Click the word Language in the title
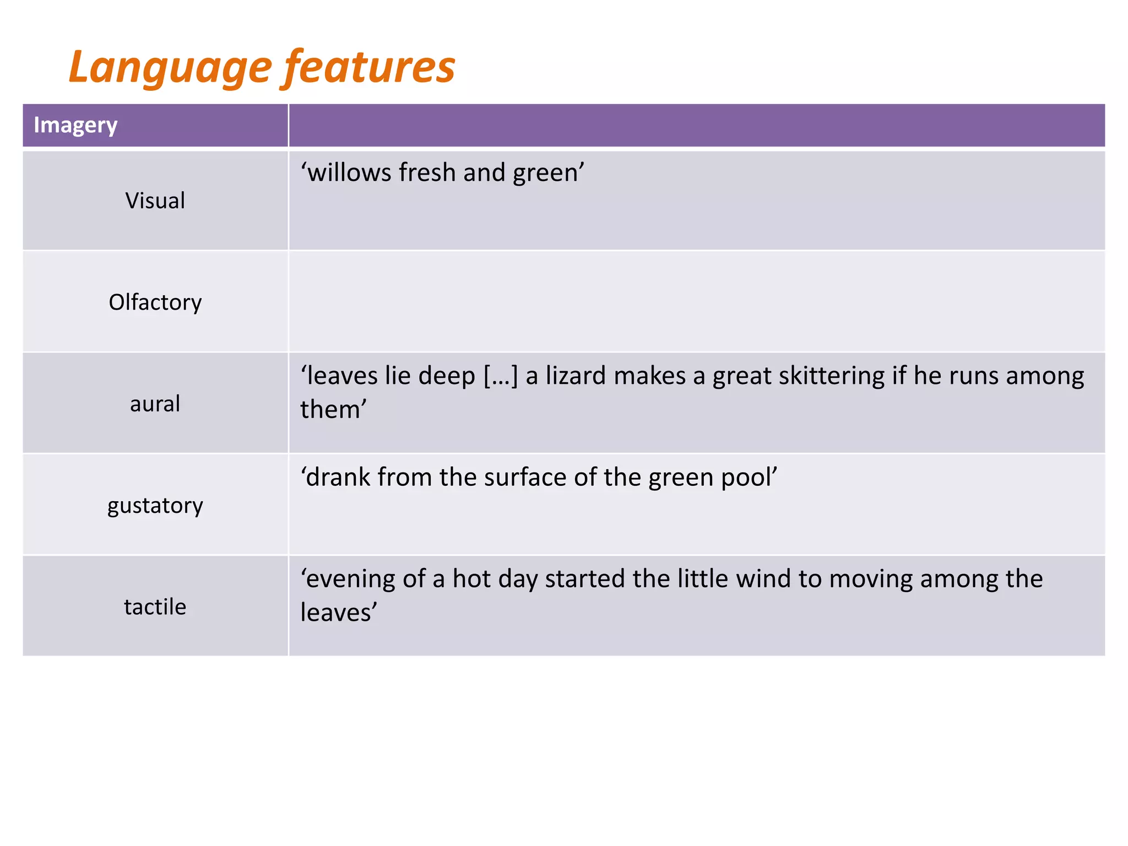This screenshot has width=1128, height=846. [x=170, y=67]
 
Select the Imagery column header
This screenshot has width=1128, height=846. [x=75, y=125]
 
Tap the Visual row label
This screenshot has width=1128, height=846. [x=155, y=200]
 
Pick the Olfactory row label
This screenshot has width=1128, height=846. [x=155, y=302]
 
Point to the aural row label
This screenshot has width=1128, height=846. [x=155, y=404]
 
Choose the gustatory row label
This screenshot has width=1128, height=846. [x=155, y=506]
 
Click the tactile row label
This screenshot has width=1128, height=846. [x=155, y=607]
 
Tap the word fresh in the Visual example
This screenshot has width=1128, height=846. [x=427, y=172]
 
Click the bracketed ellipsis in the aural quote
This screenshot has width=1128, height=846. [x=501, y=376]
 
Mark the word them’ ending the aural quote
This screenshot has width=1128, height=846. [x=333, y=410]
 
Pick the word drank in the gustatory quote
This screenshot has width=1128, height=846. [x=335, y=477]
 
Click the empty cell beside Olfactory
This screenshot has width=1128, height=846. [x=696, y=302]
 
